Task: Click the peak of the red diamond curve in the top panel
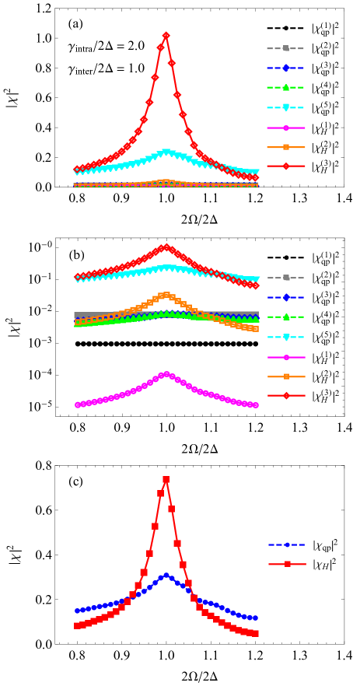point(166,36)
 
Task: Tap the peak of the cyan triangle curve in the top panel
point(166,152)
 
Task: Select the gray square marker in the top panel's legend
point(285,48)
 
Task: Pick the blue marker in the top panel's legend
point(285,68)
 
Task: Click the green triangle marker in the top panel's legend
point(285,87)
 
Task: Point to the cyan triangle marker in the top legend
point(285,107)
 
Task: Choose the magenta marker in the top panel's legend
point(285,128)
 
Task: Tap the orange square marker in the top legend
point(285,147)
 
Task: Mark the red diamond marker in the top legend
point(285,166)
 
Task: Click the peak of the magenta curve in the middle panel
point(166,374)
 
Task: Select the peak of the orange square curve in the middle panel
point(166,296)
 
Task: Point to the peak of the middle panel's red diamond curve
point(166,247)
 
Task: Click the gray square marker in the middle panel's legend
point(285,278)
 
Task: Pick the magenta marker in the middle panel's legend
point(285,357)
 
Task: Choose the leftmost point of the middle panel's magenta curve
point(77,405)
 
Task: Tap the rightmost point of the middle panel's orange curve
point(255,329)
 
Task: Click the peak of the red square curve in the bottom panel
point(166,479)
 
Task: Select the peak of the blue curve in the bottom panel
point(166,576)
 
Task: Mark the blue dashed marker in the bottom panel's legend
point(287,544)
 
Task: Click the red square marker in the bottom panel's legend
point(287,564)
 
